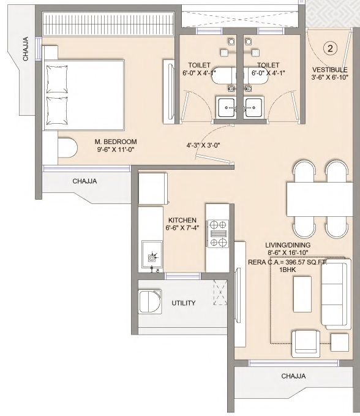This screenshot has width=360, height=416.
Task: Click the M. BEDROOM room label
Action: pyautogui.click(x=116, y=142)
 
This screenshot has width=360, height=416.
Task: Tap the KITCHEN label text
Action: pyautogui.click(x=182, y=220)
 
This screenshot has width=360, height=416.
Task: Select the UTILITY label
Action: pyautogui.click(x=184, y=303)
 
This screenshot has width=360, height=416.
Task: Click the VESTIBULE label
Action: pyautogui.click(x=330, y=70)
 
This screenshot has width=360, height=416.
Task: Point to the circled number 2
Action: pyautogui.click(x=330, y=48)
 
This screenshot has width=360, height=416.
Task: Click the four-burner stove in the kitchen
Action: pyautogui.click(x=218, y=233)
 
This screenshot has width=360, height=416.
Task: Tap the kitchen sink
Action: pyautogui.click(x=152, y=254)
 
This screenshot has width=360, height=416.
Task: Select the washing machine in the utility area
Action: pyautogui.click(x=150, y=301)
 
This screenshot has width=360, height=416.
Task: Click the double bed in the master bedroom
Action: pyautogui.click(x=84, y=95)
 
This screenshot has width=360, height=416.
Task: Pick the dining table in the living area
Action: pyautogui.click(x=320, y=199)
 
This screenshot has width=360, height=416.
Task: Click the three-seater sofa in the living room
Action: pyautogui.click(x=336, y=294)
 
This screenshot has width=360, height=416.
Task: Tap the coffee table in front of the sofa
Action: pyautogui.click(x=302, y=294)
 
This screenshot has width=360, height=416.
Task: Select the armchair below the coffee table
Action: pyautogui.click(x=306, y=344)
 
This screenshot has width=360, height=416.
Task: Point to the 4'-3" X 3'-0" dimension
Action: pyautogui.click(x=203, y=145)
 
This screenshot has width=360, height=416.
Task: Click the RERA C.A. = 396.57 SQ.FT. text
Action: pyautogui.click(x=288, y=262)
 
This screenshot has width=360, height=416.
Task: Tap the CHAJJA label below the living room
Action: pyautogui.click(x=293, y=376)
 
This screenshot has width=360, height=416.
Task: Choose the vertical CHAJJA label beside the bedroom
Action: pyautogui.click(x=26, y=48)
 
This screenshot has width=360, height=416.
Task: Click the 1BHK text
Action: pyautogui.click(x=288, y=270)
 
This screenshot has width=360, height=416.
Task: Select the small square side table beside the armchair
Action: pyautogui.click(x=340, y=342)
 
